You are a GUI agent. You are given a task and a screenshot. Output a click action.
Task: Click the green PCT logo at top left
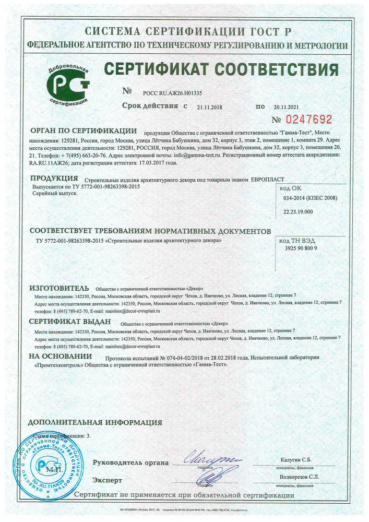pos(68,84)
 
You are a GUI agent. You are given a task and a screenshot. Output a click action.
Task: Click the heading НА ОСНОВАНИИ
pos(57,357)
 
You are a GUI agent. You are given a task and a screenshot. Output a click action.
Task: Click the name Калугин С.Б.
pos(295,459)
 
